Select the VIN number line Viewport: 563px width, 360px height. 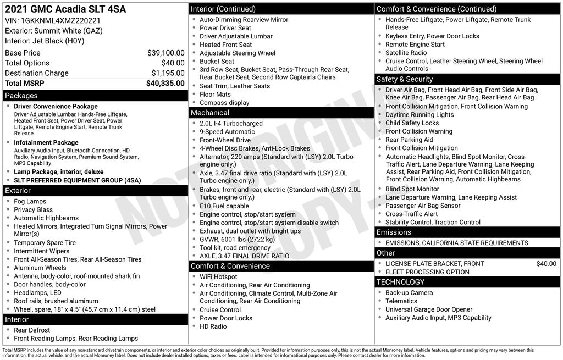pyautogui.click(x=53, y=20)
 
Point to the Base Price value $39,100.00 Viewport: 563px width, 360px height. pyautogui.click(x=165, y=53)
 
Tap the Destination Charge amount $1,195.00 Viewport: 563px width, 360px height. pyautogui.click(x=168, y=73)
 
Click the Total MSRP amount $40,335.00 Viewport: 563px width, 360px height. pyautogui.click(x=165, y=84)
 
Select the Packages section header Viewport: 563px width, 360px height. pyautogui.click(x=21, y=96)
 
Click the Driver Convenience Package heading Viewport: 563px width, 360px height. pyautogui.click(x=56, y=107)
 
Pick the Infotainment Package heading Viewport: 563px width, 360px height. pyautogui.click(x=46, y=143)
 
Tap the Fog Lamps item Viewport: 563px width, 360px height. pyautogui.click(x=30, y=202)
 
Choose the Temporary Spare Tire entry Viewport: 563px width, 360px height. pyautogui.click(x=45, y=243)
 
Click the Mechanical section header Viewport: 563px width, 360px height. pyautogui.click(x=210, y=113)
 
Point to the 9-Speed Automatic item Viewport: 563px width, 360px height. pyautogui.click(x=227, y=132)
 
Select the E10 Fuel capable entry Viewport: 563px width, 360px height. pyautogui.click(x=224, y=206)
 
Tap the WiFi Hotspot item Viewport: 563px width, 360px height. pyautogui.click(x=218, y=277)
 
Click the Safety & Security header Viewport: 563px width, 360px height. pyautogui.click(x=405, y=79)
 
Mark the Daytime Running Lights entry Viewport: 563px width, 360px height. pyautogui.click(x=420, y=115)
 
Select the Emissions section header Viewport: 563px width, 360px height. pyautogui.click(x=394, y=232)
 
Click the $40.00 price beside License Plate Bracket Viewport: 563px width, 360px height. pyautogui.click(x=546, y=264)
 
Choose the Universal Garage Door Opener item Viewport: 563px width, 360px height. pyautogui.click(x=429, y=309)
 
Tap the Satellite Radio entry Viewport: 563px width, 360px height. pyautogui.click(x=406, y=53)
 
